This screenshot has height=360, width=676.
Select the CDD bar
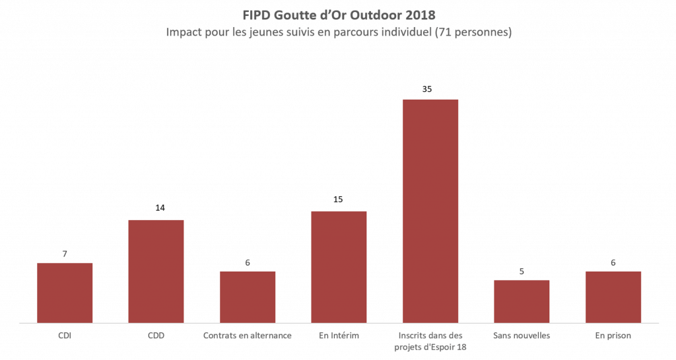point(156,271)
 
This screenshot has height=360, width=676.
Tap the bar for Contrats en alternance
point(248,297)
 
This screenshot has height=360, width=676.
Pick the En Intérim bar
point(339,268)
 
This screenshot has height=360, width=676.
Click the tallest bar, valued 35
point(430,211)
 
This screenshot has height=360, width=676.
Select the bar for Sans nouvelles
point(522,302)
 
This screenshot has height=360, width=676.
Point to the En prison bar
point(613,297)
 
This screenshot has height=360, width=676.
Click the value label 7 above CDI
point(65,254)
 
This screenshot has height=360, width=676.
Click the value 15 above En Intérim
point(339,199)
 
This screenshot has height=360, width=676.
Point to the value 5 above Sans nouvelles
point(522,270)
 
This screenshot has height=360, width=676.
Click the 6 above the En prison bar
point(613,262)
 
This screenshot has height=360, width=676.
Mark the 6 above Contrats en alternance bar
point(248,262)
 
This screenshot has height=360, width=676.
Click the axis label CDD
point(156,336)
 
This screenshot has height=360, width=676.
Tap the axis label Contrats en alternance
point(248,336)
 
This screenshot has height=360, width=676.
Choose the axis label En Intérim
point(339,336)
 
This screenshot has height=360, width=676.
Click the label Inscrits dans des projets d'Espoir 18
point(430,342)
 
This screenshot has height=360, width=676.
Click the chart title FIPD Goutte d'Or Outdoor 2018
point(339,15)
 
